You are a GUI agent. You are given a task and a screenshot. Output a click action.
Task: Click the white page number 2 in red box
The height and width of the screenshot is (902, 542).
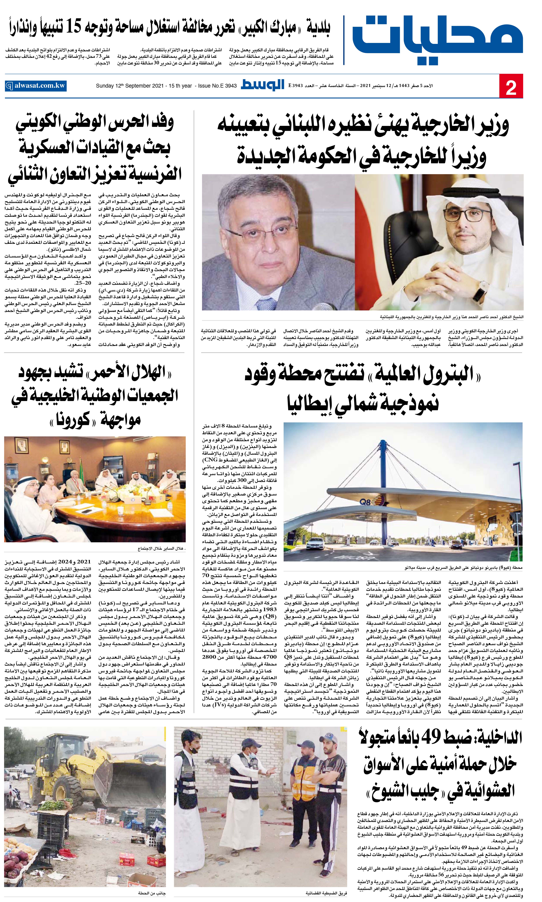tap(511, 86)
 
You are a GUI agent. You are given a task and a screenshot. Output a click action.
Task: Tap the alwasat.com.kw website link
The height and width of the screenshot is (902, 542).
tap(36, 86)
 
